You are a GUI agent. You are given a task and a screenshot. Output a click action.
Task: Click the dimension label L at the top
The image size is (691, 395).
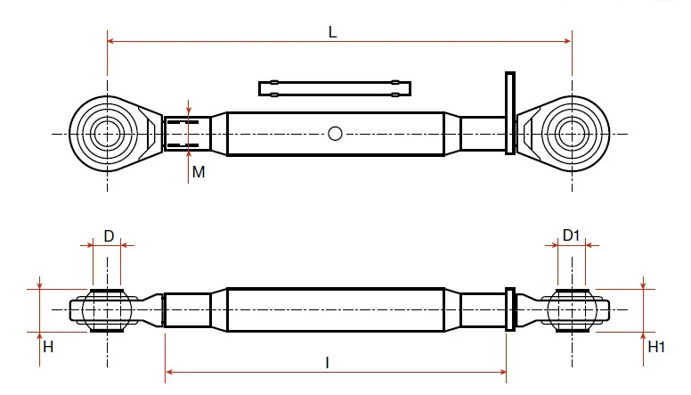click(333, 32)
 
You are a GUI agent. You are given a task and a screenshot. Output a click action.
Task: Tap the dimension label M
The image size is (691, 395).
click(199, 172)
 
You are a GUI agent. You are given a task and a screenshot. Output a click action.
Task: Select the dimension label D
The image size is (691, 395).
click(109, 236)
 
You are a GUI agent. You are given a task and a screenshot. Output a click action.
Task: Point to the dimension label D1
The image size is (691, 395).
click(571, 235)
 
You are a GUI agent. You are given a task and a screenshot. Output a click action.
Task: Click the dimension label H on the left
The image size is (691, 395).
click(48, 347)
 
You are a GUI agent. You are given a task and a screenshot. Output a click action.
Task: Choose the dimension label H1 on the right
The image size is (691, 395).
click(656, 347)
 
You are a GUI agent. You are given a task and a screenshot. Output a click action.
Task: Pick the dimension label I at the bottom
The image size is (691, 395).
click(327, 363)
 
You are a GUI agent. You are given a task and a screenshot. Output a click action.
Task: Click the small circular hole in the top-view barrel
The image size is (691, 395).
click(335, 134)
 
